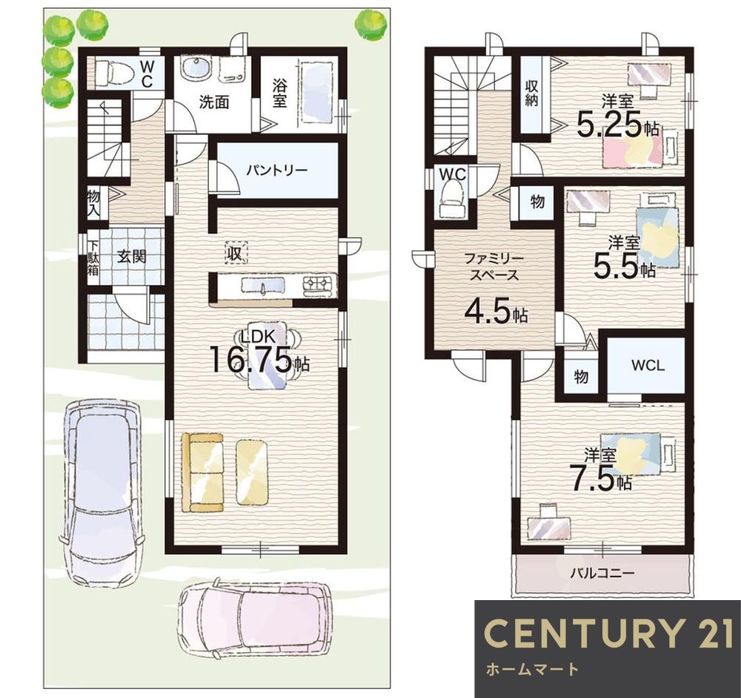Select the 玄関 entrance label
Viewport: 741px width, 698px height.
pos(131,257)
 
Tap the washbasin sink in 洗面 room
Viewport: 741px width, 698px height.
pos(195,70)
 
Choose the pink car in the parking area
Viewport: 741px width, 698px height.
pos(255,619)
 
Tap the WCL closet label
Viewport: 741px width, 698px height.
pos(648,366)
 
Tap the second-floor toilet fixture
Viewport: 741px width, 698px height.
pos(452,200)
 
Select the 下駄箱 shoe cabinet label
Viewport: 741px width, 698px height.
pos(93,258)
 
